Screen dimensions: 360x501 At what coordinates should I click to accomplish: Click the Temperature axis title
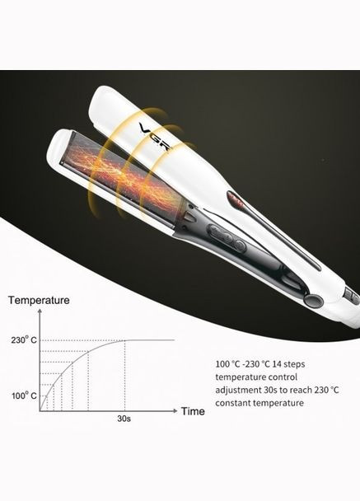click(x=39, y=300)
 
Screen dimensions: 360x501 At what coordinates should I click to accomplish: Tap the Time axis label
click(x=193, y=411)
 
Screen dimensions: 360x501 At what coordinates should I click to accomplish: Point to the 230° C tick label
click(x=24, y=339)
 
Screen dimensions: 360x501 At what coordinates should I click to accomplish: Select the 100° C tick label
click(x=24, y=396)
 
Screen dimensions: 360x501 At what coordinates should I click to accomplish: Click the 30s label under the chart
click(x=124, y=419)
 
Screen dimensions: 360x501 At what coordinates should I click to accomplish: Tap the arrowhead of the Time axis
click(x=175, y=410)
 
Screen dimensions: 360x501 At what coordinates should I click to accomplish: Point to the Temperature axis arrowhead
click(x=40, y=311)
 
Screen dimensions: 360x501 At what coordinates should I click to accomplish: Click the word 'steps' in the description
click(x=294, y=364)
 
